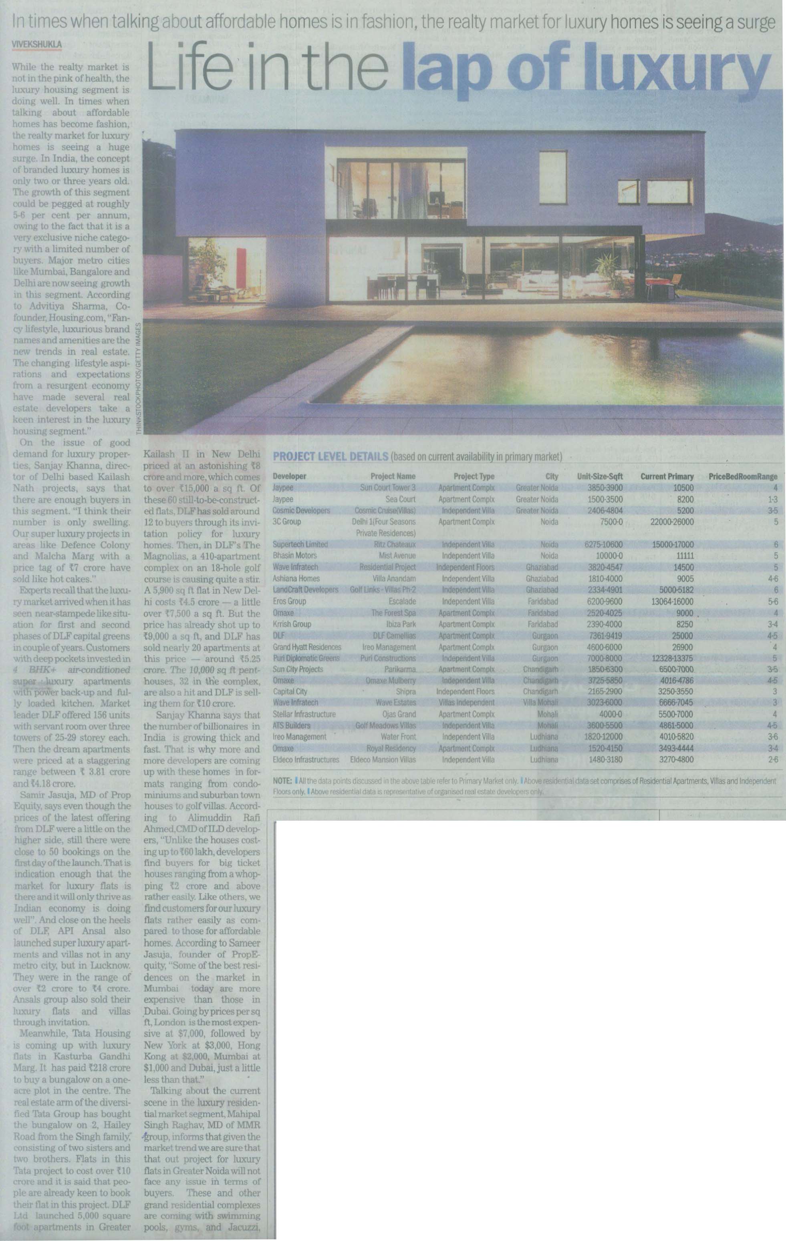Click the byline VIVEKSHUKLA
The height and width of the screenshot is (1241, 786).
point(36,45)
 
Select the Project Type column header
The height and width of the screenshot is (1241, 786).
point(474,476)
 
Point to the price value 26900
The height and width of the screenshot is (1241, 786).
point(682,647)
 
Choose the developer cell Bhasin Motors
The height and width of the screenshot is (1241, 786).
point(295,556)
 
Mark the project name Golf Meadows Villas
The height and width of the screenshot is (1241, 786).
point(386,726)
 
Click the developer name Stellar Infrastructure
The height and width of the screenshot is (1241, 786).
point(304,714)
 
